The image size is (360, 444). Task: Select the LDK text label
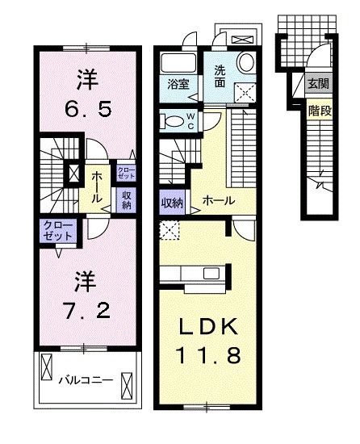(x=207, y=326)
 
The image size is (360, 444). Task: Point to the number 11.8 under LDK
(x=207, y=355)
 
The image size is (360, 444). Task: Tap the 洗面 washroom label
(x=221, y=76)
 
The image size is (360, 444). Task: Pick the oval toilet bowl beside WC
(x=172, y=121)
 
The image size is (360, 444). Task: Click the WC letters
(x=190, y=121)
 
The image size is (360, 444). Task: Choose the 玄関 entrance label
(x=318, y=84)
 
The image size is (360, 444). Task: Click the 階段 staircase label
(x=320, y=111)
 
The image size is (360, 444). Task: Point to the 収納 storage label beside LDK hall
(x=171, y=202)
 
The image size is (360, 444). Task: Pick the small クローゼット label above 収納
(x=127, y=172)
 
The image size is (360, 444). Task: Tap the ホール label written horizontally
(x=219, y=199)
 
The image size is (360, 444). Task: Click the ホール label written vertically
(x=95, y=186)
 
